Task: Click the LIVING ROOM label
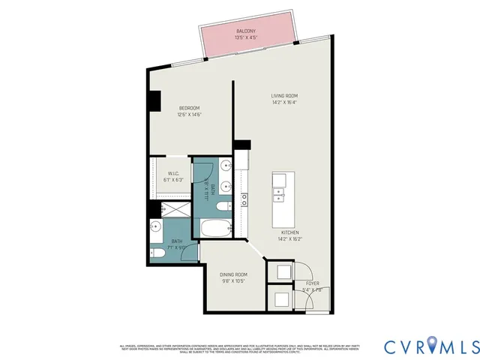pos(285,95)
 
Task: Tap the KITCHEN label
pos(290,232)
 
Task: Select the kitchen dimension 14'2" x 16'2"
pos(290,239)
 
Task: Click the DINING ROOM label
pos(233,274)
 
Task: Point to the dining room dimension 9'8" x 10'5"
pos(233,281)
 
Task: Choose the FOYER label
pos(312,283)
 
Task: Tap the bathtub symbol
pos(218,229)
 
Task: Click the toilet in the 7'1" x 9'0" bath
pos(157,253)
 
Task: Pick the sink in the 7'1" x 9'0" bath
pos(156,226)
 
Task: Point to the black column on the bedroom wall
pos(154,100)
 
